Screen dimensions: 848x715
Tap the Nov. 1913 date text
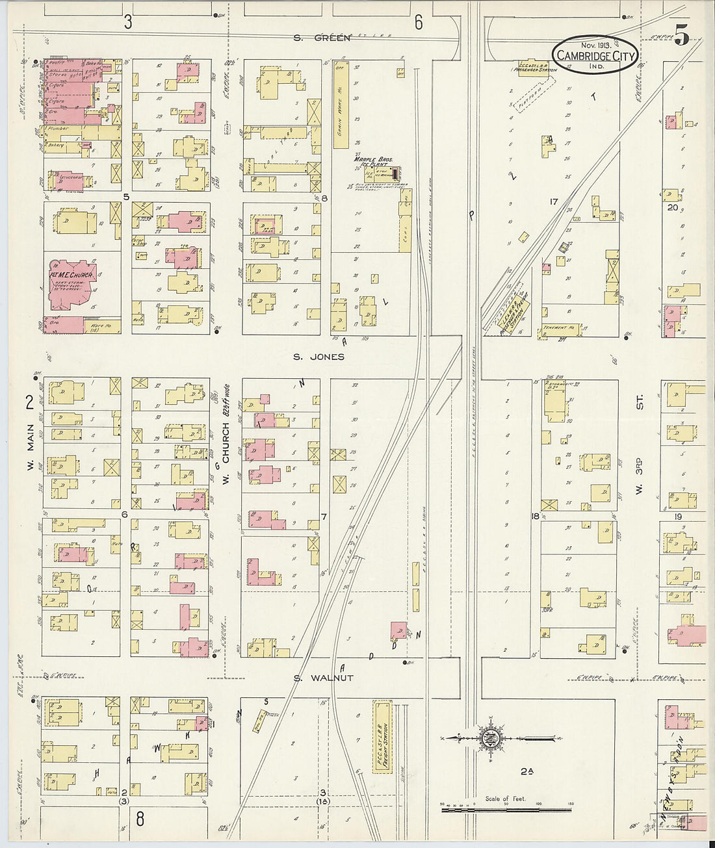click(x=596, y=45)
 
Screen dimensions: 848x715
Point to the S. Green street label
click(x=322, y=38)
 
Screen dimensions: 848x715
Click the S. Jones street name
click(x=318, y=357)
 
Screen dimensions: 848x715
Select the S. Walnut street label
click(x=322, y=678)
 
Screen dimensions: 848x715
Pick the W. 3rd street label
click(x=640, y=476)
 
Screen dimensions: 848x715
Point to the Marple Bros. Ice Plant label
click(x=371, y=161)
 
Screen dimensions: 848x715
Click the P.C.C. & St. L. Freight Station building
click(x=382, y=737)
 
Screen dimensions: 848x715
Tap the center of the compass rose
click(x=487, y=738)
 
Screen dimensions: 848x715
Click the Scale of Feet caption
click(x=505, y=799)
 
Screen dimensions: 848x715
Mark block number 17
click(x=553, y=202)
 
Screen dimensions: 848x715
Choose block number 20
click(x=672, y=208)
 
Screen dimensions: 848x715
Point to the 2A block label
click(x=526, y=771)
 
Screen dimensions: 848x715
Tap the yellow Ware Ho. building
click(x=103, y=325)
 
